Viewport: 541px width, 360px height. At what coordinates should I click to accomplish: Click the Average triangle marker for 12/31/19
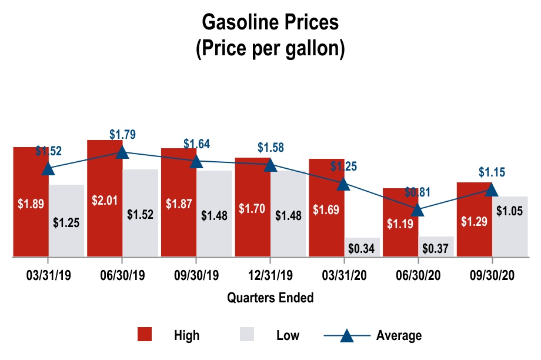[x=270, y=165]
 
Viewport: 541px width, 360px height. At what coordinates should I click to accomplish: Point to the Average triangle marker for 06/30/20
[x=418, y=209]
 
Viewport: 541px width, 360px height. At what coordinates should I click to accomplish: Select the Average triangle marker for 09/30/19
[x=196, y=161]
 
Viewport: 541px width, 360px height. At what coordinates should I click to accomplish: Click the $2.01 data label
[x=105, y=199]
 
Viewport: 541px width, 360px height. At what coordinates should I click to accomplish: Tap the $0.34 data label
[x=362, y=248]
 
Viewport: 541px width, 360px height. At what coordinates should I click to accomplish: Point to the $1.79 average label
[x=122, y=134]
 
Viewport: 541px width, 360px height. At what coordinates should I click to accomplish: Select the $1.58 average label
[x=270, y=147]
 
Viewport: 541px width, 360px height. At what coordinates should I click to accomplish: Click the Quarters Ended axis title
[x=270, y=298]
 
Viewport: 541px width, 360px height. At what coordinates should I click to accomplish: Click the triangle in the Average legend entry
[x=346, y=335]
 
